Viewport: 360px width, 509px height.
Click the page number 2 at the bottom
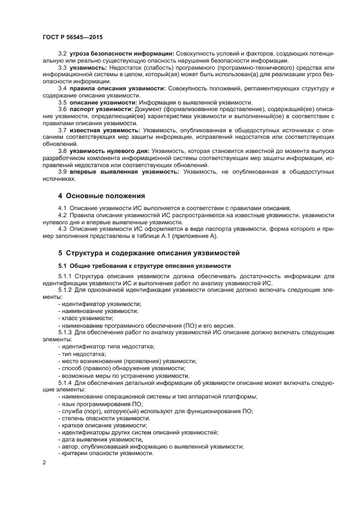click(x=45, y=463)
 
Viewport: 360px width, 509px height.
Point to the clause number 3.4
click(x=63, y=88)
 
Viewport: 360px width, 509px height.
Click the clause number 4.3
click(x=63, y=229)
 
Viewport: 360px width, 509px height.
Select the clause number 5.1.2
click(x=65, y=290)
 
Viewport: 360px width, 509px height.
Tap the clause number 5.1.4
click(x=65, y=383)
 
